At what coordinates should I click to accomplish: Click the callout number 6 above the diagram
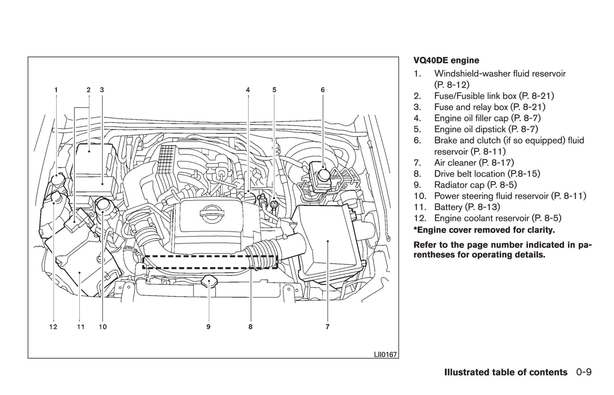323,90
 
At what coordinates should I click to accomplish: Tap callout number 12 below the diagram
53,327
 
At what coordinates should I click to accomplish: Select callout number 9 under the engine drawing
208,327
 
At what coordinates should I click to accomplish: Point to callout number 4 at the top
248,90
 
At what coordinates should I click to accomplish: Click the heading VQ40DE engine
446,60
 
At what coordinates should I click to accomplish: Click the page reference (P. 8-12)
452,85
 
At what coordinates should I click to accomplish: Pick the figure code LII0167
385,354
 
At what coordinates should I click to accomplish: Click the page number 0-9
584,372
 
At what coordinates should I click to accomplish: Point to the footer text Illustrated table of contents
506,372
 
